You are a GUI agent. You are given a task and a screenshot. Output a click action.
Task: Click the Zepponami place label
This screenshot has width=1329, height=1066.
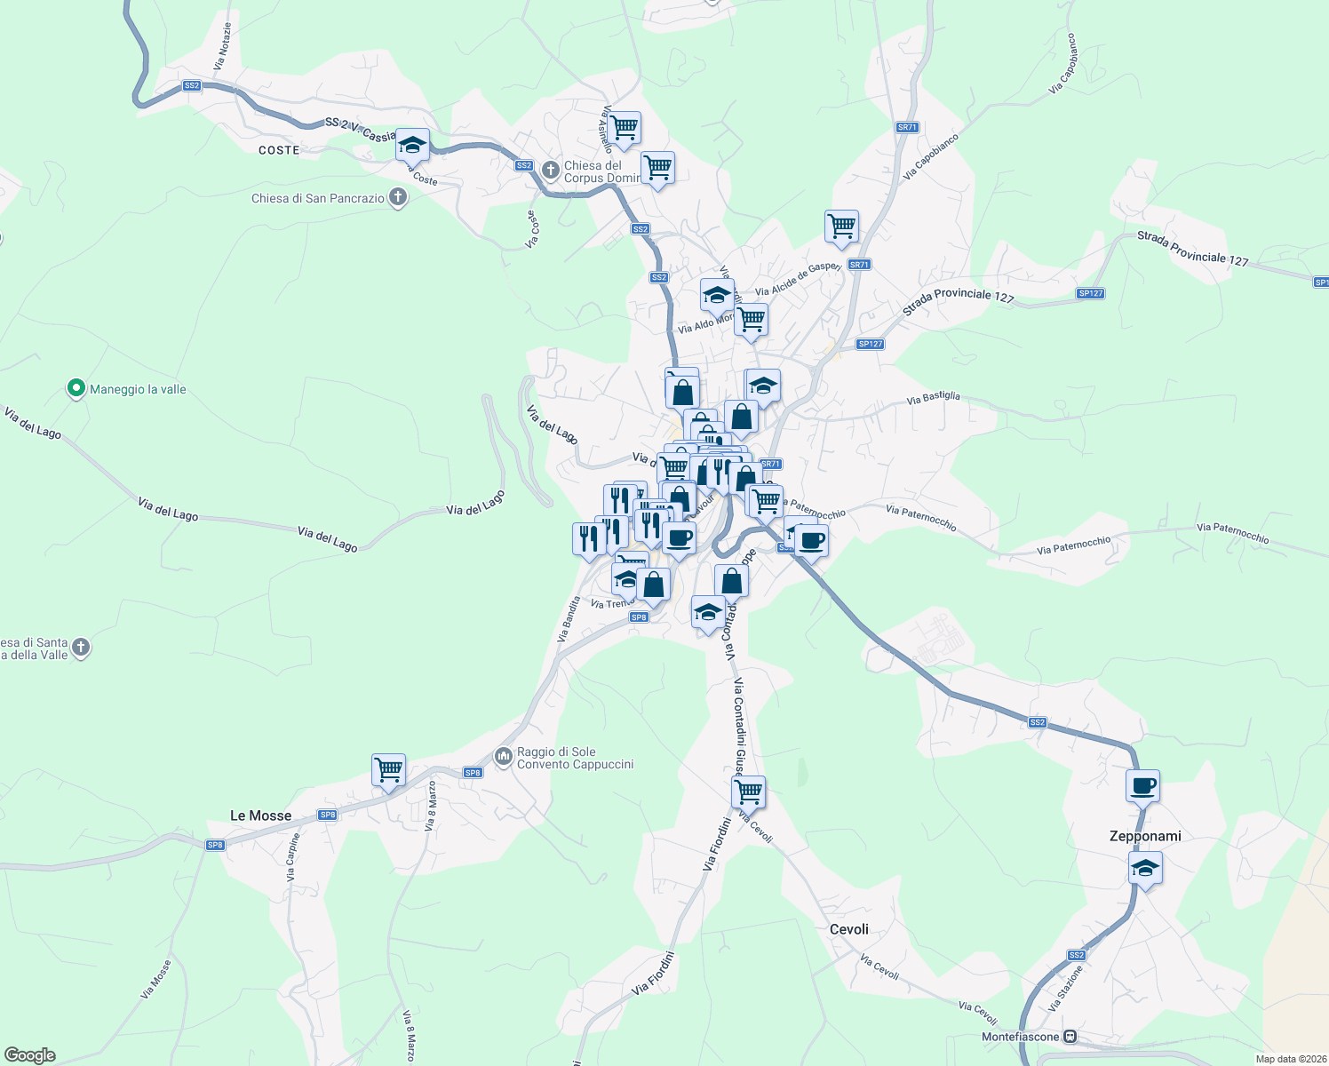click(1145, 836)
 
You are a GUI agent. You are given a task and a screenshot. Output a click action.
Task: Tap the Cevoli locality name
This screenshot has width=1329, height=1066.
click(848, 929)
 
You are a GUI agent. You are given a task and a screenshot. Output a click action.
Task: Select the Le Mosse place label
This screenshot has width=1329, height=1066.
click(260, 815)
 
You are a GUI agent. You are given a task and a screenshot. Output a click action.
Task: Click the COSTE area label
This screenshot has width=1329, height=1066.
click(279, 150)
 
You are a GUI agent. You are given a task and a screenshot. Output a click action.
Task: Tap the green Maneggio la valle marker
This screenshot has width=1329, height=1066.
click(76, 388)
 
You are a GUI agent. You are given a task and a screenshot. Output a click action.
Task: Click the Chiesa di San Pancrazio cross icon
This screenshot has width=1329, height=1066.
click(398, 197)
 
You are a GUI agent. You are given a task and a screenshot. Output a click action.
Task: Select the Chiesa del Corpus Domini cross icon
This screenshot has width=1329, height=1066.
click(551, 169)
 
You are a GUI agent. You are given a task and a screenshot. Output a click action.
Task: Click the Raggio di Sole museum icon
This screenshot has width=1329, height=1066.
click(504, 756)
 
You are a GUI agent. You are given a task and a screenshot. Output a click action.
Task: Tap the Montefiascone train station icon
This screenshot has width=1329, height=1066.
click(1070, 1037)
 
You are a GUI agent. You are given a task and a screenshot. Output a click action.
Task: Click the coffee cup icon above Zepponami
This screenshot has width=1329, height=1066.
click(1142, 785)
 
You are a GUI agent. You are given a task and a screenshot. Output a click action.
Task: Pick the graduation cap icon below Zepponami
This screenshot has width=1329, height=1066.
click(1145, 868)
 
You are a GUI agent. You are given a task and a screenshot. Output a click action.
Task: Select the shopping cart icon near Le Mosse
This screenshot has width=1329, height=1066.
click(388, 769)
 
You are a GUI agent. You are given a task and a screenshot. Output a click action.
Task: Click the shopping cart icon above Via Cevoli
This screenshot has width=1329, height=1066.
click(749, 790)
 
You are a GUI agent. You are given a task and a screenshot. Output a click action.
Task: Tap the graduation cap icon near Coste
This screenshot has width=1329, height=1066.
click(412, 144)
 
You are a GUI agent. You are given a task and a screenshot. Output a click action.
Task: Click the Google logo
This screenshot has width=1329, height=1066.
click(30, 1055)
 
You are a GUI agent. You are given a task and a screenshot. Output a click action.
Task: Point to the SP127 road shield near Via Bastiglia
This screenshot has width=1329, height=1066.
click(871, 344)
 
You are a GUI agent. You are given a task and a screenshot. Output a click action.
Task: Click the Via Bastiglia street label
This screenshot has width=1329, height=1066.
click(933, 398)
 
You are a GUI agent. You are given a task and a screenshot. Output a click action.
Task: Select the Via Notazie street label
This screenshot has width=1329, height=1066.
click(222, 47)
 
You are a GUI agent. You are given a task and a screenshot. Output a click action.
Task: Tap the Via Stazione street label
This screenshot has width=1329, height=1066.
click(1066, 989)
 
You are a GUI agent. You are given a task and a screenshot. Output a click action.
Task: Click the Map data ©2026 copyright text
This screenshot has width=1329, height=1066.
click(1289, 1059)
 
